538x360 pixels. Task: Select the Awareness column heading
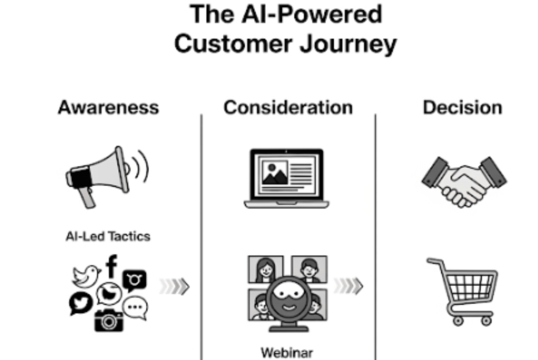tap(108, 107)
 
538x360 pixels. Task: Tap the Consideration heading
tap(288, 107)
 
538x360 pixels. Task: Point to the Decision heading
tap(463, 107)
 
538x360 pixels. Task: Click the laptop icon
tap(287, 178)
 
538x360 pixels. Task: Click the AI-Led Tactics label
tap(108, 236)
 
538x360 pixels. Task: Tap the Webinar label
tap(287, 352)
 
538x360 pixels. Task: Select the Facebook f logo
tap(111, 266)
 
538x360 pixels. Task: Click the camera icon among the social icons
tap(109, 320)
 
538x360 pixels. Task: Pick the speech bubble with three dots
tap(135, 308)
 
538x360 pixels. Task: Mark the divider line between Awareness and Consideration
tap(201, 237)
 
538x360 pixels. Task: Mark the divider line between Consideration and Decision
tap(375, 237)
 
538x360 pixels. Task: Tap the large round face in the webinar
tap(288, 299)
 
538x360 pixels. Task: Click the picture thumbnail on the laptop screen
tap(275, 173)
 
